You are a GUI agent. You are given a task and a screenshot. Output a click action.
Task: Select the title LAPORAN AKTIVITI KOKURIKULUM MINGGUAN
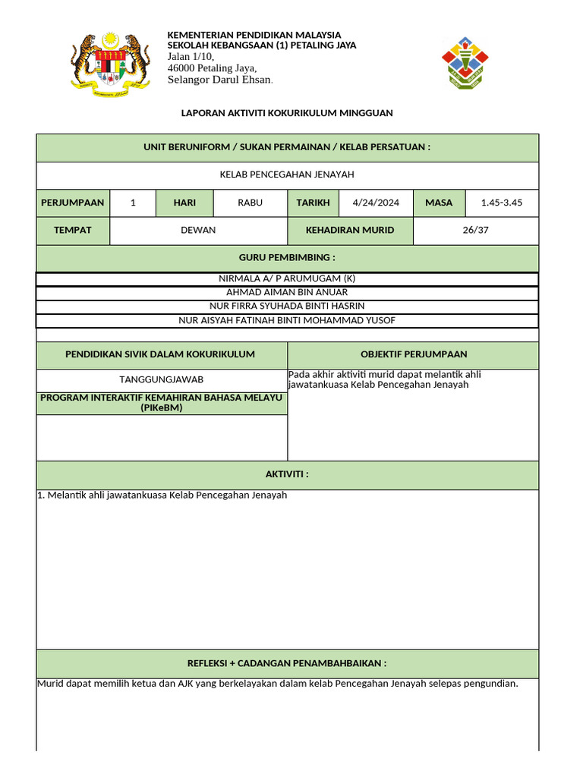pos(287,113)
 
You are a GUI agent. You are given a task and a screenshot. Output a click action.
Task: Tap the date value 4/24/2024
pos(376,203)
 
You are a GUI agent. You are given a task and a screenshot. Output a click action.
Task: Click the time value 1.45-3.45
pos(501,203)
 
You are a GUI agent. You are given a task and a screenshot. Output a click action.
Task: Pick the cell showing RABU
pos(250,203)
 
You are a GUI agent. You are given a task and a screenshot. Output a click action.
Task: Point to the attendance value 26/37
pos(475,230)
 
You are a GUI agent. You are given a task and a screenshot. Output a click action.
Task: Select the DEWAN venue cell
pos(198,230)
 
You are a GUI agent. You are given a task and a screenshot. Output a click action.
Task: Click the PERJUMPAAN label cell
pos(73,203)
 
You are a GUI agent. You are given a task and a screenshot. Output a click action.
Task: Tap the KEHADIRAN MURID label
pos(350,230)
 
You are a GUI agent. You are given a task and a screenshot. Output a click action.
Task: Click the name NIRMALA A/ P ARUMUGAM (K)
pos(287,278)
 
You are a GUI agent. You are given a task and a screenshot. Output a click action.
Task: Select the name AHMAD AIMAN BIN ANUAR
pos(287,292)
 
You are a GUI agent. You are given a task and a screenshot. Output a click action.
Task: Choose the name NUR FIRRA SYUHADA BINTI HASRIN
pos(287,306)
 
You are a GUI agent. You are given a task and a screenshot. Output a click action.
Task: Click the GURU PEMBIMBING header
pos(287,258)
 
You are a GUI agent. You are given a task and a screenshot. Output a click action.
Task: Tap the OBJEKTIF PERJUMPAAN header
pos(414,354)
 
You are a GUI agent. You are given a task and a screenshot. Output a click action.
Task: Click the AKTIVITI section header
pos(287,474)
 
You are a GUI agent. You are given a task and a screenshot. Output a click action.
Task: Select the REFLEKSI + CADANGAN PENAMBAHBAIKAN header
pos(287,663)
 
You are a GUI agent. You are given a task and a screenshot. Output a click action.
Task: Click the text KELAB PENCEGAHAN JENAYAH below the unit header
pos(287,175)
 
